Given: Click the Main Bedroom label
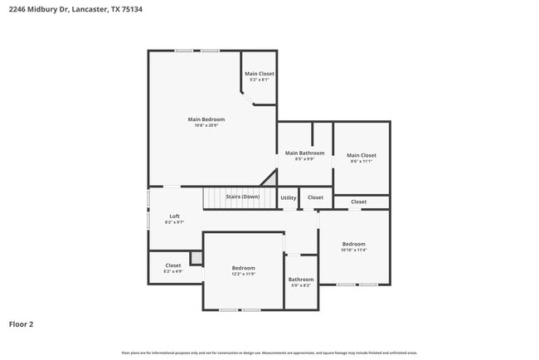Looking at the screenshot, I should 206,119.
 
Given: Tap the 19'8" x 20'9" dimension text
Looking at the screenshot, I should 206,126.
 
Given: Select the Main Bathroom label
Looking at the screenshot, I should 304,153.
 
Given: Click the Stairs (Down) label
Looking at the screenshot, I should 242,197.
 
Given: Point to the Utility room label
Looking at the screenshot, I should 288,198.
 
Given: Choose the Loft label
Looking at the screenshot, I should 174,216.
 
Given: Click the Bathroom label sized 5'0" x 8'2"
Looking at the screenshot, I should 300,280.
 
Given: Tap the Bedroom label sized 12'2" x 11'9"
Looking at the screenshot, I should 243,268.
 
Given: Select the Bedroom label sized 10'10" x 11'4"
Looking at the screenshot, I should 354,244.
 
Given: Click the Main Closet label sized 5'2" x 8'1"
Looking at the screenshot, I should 259,74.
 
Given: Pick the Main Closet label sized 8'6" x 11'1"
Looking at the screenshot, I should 361,155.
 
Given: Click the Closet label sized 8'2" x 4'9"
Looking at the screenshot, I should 172,265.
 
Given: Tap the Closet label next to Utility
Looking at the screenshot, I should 315,198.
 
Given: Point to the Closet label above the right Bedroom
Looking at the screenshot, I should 358,202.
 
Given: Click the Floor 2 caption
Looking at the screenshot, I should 21,324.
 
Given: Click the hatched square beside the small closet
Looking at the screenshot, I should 196,258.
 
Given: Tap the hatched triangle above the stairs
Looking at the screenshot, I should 269,178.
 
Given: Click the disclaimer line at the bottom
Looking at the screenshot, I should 269,353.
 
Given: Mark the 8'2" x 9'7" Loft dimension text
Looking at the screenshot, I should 174,222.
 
